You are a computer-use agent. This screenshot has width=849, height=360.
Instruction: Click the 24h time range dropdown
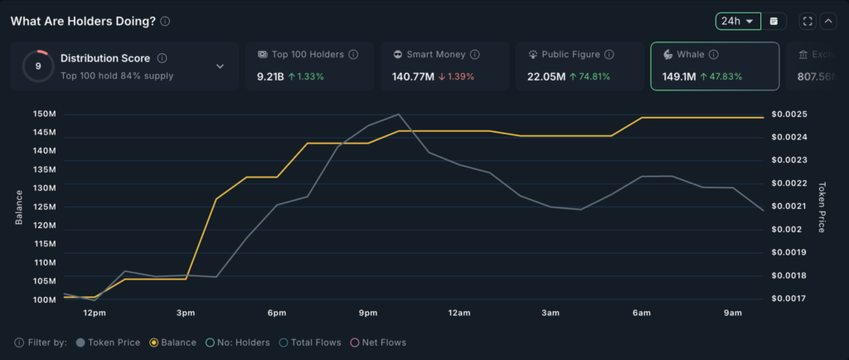coord(737,21)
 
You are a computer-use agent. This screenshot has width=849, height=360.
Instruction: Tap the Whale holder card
coord(715,66)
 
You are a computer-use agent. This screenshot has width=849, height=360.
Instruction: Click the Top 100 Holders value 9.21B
coord(270,77)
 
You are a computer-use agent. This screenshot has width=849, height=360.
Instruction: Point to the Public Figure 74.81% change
coord(587,77)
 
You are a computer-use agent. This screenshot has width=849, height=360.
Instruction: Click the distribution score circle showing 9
coord(38,66)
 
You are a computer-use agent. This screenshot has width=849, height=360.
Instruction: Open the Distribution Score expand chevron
coord(220,66)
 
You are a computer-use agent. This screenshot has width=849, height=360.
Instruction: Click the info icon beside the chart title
coord(166,22)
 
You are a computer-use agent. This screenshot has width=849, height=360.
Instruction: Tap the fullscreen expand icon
coord(808,21)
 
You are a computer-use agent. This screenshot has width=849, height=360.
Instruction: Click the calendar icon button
coord(774,21)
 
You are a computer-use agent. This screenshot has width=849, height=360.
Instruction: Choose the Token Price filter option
coord(108,342)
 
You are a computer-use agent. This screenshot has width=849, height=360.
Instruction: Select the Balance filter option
coord(173,342)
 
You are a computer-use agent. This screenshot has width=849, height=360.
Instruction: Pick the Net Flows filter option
coord(378,342)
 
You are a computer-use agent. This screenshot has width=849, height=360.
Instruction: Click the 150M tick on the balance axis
coord(44,114)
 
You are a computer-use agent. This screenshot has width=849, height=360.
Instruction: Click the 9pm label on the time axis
coord(368,313)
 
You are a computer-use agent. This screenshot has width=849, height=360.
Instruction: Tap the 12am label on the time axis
coord(459,313)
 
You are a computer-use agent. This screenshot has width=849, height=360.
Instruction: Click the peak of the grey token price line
coord(399,114)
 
